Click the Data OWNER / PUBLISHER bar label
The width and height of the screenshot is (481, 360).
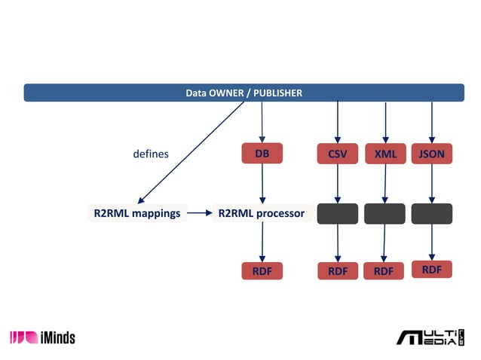pos(244,93)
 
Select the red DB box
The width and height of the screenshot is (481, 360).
pos(262,154)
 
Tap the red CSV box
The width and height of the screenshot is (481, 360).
pos(337,154)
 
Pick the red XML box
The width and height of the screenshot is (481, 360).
pos(385,154)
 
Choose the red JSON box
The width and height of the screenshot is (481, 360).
pos(431,154)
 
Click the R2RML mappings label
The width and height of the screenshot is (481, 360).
pos(136,213)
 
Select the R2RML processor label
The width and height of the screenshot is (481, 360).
pos(261,213)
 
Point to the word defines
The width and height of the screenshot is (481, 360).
pos(151,154)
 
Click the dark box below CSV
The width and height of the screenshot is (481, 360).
pos(337,213)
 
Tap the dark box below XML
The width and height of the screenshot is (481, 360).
pos(384,213)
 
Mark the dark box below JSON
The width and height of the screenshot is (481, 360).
pos(431,213)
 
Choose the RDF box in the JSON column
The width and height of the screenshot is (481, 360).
pos(431,270)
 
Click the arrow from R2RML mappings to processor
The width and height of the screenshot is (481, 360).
pos(200,213)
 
